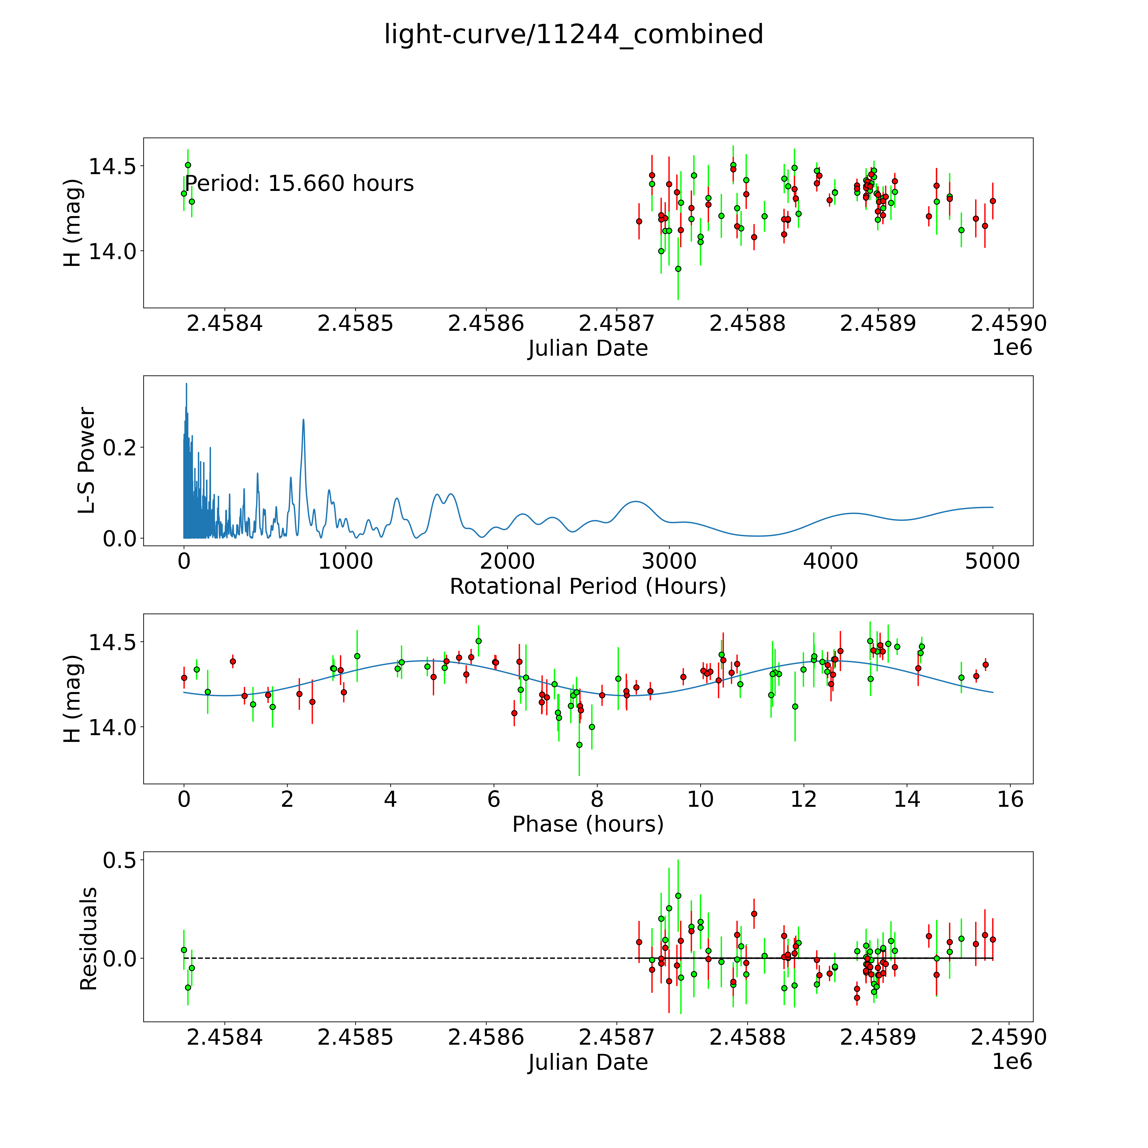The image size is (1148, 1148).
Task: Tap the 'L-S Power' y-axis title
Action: (87, 460)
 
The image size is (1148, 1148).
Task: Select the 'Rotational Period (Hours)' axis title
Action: (588, 587)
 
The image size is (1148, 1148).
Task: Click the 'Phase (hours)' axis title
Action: (588, 824)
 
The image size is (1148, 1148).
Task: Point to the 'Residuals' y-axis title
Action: (88, 939)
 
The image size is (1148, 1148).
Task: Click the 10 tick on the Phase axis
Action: (700, 799)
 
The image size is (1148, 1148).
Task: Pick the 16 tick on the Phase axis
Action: (1010, 799)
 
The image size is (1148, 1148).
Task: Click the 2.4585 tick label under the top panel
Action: (355, 324)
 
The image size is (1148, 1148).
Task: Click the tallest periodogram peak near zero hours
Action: (186, 384)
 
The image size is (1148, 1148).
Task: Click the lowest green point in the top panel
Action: (678, 269)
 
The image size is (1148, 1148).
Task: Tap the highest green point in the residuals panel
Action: (678, 895)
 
